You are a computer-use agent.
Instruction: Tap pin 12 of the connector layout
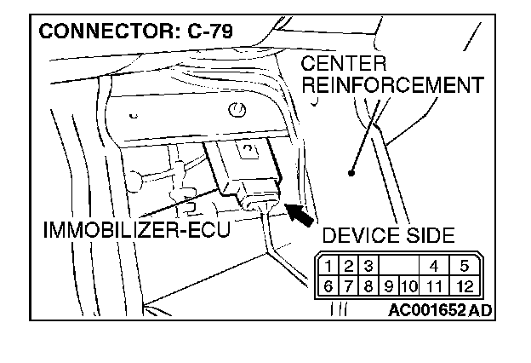coord(465,285)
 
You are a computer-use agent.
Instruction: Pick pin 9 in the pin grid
coord(390,285)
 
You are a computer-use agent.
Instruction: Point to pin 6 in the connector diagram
coord(328,285)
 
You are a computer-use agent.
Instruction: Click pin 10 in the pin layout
coord(408,285)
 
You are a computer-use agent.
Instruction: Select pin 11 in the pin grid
coord(434,285)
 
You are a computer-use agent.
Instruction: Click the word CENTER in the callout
coord(344,66)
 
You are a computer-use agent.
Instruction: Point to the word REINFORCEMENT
coord(393,85)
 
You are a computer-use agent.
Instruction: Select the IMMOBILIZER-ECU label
coord(135,231)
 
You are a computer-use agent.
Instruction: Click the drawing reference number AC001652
coord(426,310)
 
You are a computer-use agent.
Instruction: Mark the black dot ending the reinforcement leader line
coord(351,173)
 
